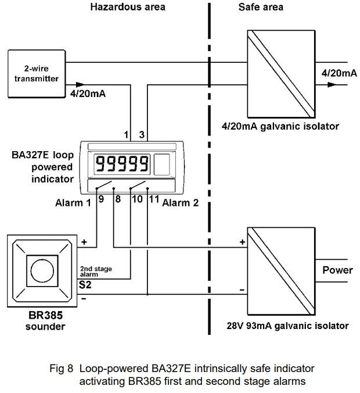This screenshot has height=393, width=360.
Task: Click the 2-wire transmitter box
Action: click(x=36, y=73)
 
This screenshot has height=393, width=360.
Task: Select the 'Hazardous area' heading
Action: click(x=128, y=7)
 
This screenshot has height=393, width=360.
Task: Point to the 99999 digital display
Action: click(x=122, y=164)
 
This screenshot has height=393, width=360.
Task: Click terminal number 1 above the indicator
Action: click(x=126, y=135)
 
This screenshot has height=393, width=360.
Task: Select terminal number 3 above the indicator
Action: click(x=142, y=135)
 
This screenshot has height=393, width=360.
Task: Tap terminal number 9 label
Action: click(x=101, y=199)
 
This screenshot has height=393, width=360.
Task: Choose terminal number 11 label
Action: click(x=154, y=199)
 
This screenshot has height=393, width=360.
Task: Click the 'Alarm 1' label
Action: click(x=73, y=203)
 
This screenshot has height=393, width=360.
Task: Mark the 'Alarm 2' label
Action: click(x=180, y=203)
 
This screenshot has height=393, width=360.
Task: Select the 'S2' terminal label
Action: click(x=85, y=285)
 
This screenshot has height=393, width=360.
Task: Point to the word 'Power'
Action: click(x=337, y=270)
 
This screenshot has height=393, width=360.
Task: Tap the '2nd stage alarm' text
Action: click(x=96, y=272)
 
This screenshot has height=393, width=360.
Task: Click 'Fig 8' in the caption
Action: click(x=64, y=368)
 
